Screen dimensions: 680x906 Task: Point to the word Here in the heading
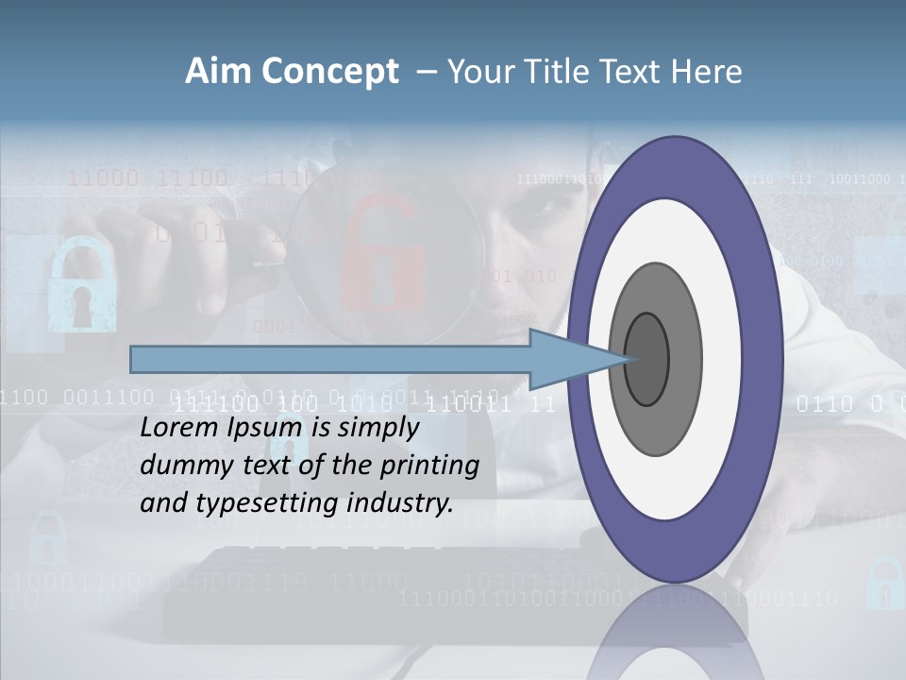coord(706,72)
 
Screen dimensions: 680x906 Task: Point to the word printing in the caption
coord(430,466)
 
